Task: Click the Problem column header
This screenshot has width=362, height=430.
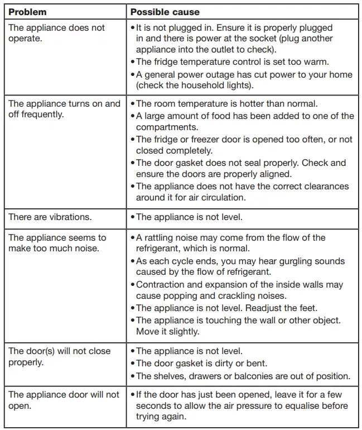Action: [27, 12]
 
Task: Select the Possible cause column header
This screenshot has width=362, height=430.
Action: [165, 12]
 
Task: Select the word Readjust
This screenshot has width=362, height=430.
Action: [268, 308]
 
